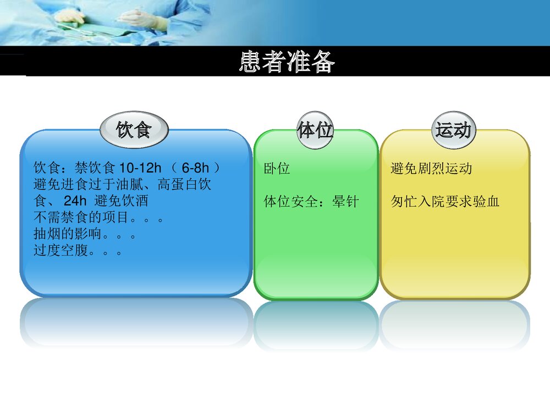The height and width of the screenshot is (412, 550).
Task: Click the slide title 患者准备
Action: (287, 62)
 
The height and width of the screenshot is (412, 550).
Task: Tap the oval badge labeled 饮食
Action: (134, 130)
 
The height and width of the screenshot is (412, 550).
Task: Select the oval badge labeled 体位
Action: (315, 130)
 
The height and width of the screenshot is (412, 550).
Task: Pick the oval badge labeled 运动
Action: (453, 130)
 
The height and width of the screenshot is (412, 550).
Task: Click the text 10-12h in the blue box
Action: (140, 168)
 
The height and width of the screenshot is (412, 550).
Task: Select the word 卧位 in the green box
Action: (277, 169)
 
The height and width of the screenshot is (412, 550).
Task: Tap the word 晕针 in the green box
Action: (345, 202)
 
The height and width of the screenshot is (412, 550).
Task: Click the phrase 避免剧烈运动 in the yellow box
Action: (431, 169)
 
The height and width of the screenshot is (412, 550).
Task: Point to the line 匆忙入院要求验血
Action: (445, 202)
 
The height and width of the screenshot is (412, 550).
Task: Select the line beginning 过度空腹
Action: (78, 252)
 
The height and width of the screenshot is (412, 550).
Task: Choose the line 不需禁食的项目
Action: (98, 218)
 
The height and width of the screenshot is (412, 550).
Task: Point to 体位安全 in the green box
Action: (290, 202)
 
